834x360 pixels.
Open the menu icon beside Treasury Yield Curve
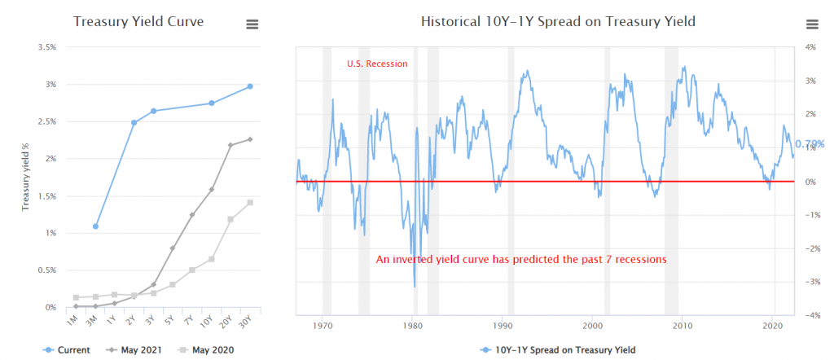tap(252, 24)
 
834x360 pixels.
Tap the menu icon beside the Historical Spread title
tap(811, 24)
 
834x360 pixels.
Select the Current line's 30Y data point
tap(250, 86)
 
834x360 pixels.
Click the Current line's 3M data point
tap(96, 226)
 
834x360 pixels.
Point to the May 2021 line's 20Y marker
tap(230, 145)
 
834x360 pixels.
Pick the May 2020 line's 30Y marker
tap(250, 202)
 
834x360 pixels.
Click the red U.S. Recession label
tap(377, 64)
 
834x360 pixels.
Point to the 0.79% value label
tap(810, 143)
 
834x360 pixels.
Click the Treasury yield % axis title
tap(25, 176)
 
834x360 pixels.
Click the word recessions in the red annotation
tap(641, 259)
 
